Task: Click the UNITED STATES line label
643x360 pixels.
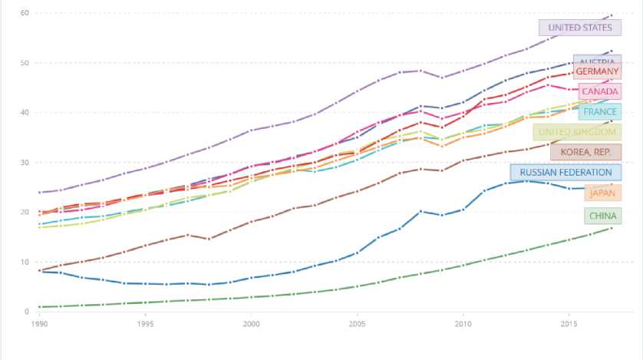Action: click(580, 28)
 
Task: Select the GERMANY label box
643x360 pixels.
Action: click(597, 71)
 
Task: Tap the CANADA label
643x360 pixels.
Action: click(599, 92)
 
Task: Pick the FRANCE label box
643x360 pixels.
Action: click(600, 112)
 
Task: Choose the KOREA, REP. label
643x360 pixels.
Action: click(585, 152)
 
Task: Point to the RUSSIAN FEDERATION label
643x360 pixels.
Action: click(566, 173)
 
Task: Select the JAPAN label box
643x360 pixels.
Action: click(602, 193)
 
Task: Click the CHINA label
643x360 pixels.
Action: click(602, 216)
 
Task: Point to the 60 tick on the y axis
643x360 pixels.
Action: click(25, 13)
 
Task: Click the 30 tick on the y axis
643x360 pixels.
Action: click(25, 163)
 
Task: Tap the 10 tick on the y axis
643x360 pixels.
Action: click(25, 263)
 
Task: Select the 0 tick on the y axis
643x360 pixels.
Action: click(27, 312)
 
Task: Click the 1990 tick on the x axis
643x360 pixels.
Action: click(38, 325)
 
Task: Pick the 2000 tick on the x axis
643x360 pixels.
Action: click(251, 325)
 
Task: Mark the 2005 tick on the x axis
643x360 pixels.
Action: click(357, 325)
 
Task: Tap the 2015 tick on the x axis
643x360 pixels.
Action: click(569, 325)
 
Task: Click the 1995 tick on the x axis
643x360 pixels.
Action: click(144, 325)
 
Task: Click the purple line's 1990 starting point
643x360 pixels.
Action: click(39, 193)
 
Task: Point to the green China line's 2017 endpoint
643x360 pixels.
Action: click(611, 228)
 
